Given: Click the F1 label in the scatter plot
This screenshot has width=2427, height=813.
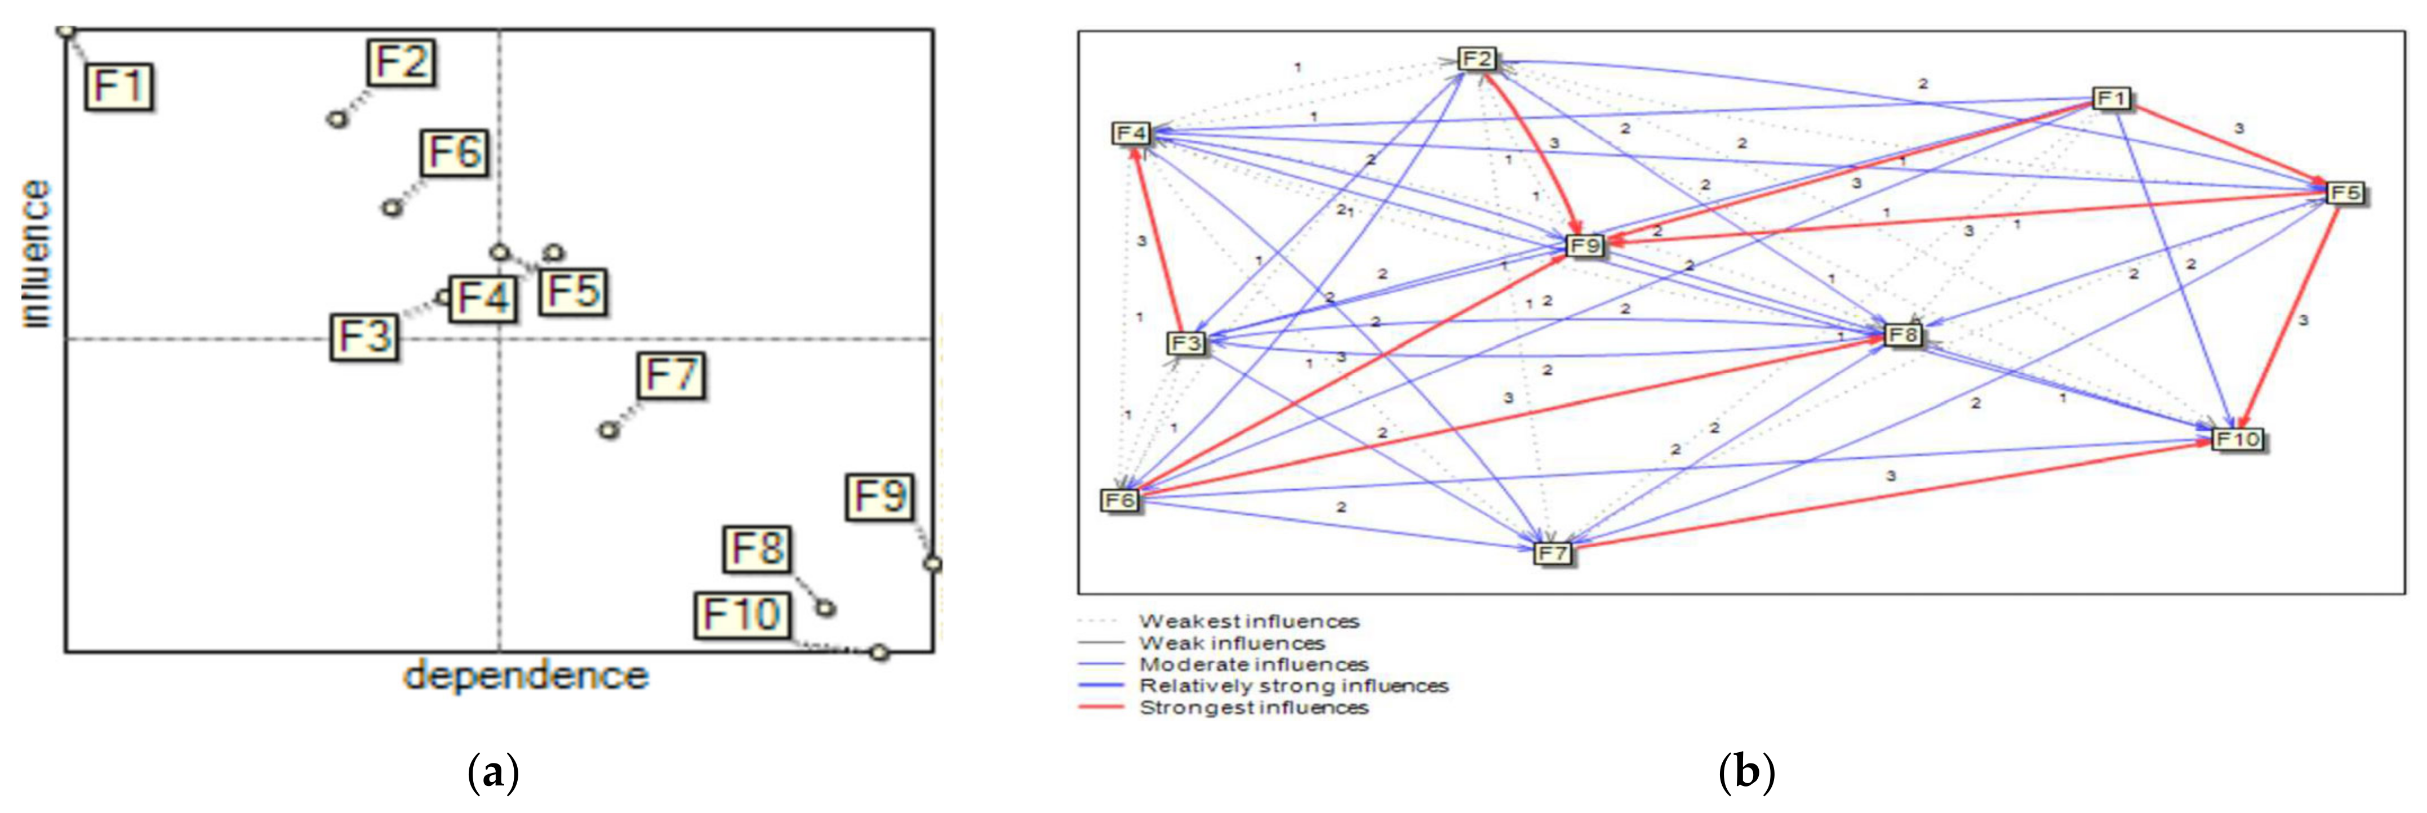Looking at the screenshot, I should pyautogui.click(x=119, y=87).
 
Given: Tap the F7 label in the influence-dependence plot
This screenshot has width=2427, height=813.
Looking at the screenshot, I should pyautogui.click(x=671, y=376).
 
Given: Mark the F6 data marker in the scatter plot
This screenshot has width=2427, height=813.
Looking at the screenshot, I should pyautogui.click(x=392, y=207).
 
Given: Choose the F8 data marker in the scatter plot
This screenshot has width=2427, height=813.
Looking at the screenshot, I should pyautogui.click(x=825, y=607).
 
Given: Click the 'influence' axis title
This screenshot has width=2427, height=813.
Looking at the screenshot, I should pyautogui.click(x=36, y=254).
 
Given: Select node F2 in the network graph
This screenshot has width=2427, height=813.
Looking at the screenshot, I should pyautogui.click(x=1477, y=59).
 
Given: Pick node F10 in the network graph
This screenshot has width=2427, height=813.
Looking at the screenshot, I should pyautogui.click(x=2238, y=439).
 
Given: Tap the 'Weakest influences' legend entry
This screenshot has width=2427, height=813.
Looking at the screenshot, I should pyautogui.click(x=1248, y=622).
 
